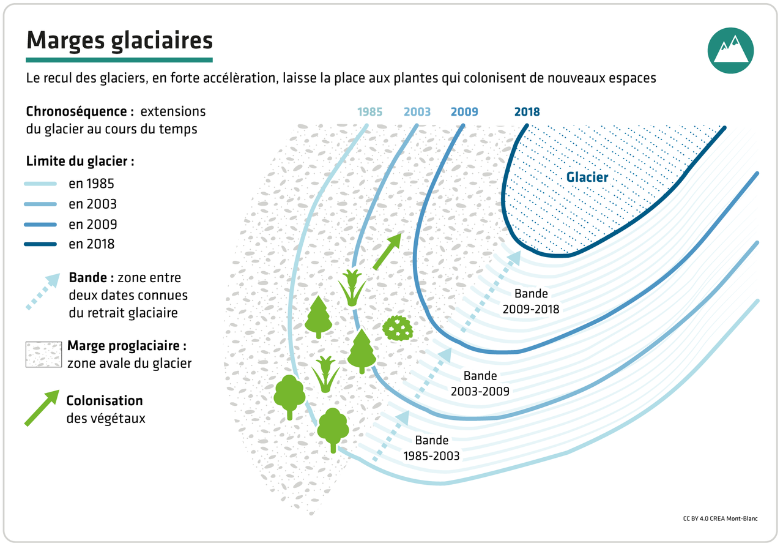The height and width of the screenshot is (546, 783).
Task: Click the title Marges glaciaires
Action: [x=119, y=40]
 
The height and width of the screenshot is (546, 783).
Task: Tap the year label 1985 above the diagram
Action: [x=369, y=112]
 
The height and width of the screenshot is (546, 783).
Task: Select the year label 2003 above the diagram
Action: [x=417, y=112]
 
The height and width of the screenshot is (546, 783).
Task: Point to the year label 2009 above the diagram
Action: [x=464, y=112]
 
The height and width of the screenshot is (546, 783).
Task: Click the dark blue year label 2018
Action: [x=527, y=112]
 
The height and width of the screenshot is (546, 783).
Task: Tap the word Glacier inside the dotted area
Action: [x=587, y=178]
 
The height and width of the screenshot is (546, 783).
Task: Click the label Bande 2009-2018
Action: [x=531, y=302]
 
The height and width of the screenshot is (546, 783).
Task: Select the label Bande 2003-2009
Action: [x=480, y=383]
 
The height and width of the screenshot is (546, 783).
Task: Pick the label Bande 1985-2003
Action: [x=431, y=447]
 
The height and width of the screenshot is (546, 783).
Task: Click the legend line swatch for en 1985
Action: [x=40, y=184]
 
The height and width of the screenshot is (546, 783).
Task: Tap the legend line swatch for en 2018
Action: [x=40, y=244]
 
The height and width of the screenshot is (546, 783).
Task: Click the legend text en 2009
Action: [x=92, y=224]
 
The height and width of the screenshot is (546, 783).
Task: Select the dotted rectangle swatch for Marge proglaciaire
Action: [x=43, y=354]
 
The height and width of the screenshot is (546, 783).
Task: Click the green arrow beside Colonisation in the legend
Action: [x=42, y=407]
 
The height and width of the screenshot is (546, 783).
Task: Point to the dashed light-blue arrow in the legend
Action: [x=42, y=291]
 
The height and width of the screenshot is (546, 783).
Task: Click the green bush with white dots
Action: [x=398, y=328]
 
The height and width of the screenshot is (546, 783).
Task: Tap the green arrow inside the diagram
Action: [x=387, y=250]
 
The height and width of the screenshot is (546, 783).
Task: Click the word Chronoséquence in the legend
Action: [x=80, y=112]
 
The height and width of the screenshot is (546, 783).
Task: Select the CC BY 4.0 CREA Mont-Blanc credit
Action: [x=720, y=518]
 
